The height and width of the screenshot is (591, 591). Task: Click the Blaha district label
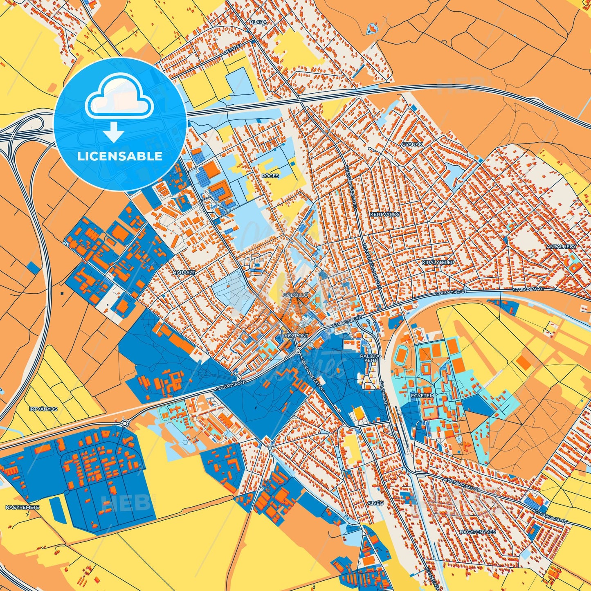coord(258,22)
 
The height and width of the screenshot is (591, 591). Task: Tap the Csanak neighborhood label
coord(412,144)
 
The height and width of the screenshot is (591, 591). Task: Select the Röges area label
coord(270,176)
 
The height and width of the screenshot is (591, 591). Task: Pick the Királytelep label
coord(438,262)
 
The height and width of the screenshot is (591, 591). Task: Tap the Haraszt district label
coord(184,272)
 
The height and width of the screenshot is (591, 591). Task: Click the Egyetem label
coord(422,395)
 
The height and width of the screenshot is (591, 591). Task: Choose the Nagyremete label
coord(22,507)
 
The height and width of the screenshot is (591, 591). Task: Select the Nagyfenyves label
coord(477,532)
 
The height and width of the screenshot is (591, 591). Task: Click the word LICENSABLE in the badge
coord(120,156)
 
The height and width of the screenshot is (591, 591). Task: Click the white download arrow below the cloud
coord(114,132)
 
